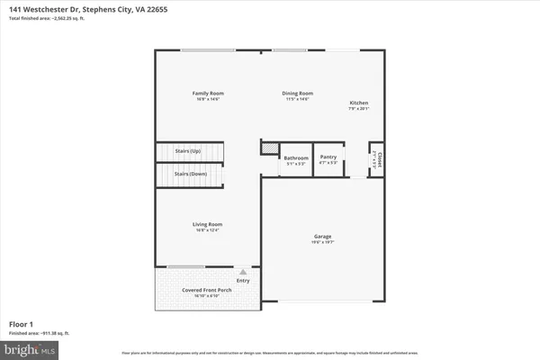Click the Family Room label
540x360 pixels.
(207, 94)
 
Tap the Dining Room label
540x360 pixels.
(299, 94)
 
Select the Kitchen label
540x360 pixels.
(358, 103)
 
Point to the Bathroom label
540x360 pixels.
(296, 157)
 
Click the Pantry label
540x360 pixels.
(328, 157)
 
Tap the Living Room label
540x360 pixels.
(207, 224)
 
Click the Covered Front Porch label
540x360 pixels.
(207, 290)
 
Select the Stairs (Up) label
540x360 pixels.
(189, 150)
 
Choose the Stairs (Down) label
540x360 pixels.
(189, 173)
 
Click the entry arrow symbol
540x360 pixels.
(241, 271)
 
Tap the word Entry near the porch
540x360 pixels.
(243, 281)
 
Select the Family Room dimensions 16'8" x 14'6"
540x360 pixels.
(207, 99)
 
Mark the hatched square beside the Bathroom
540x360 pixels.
(267, 147)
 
